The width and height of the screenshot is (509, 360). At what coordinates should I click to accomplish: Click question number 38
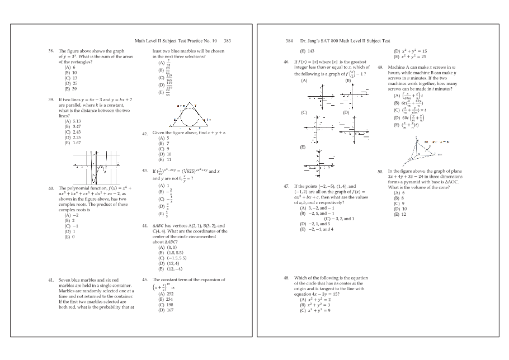[51, 51]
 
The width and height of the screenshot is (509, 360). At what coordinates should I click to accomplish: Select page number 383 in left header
[228, 41]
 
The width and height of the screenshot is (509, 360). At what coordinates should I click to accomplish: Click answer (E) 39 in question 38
[70, 88]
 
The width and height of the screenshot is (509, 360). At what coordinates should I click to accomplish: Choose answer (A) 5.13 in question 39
[73, 121]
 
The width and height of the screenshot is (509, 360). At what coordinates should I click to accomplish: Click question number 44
[145, 226]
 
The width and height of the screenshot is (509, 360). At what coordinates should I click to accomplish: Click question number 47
[286, 186]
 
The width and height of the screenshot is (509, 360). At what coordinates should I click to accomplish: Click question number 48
[286, 278]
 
